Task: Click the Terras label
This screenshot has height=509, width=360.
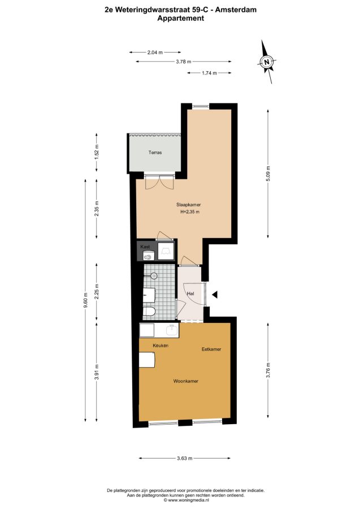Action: (155, 152)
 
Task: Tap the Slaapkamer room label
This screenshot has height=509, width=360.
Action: (188, 205)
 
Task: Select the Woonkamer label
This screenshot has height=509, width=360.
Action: (185, 381)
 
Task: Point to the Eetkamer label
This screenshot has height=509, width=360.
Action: (211, 350)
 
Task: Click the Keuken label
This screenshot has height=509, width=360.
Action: (161, 346)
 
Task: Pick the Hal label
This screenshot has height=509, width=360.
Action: (190, 294)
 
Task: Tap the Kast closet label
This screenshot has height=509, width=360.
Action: (145, 247)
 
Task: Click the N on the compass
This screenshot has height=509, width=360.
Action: (267, 62)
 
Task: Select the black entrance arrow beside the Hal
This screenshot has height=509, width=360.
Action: (215, 295)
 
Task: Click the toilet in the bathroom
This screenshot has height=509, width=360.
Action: (150, 311)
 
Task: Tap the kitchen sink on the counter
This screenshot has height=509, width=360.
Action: (172, 330)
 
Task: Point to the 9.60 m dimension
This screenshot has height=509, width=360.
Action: (86, 300)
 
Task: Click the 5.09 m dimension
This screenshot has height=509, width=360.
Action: (268, 174)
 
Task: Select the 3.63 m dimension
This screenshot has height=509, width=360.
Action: (185, 458)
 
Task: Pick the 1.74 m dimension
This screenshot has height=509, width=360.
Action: (209, 73)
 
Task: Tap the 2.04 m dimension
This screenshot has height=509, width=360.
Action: (155, 52)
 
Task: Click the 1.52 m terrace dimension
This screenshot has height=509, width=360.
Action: (97, 152)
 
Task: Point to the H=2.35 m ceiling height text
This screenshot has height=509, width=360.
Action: (190, 212)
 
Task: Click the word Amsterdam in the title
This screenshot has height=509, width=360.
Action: (236, 10)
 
